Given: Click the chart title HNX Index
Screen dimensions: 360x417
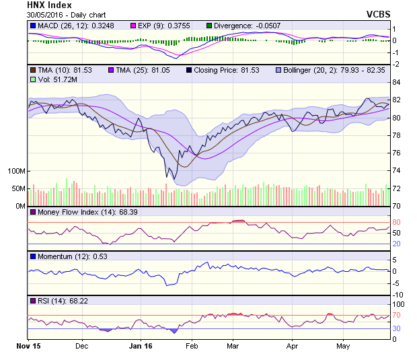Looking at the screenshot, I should coord(49,5).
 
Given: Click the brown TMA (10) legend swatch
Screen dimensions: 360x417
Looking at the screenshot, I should coord(32,70).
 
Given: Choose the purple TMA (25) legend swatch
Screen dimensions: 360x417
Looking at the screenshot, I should coord(111,70).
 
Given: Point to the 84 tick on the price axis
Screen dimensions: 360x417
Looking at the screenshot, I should coord(397,82).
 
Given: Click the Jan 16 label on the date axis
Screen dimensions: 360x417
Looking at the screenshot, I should coord(140,347).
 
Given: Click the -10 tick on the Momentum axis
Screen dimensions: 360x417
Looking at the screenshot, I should coord(397,295).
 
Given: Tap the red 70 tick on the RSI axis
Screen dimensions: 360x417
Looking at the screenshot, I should coord(397,315).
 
